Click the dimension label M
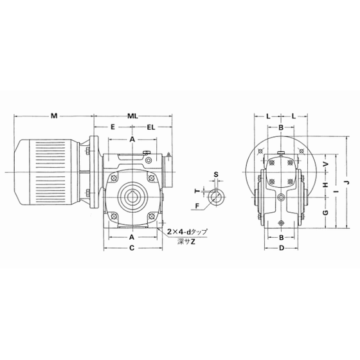tap(54, 116)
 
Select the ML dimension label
tap(132, 116)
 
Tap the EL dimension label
tap(151, 127)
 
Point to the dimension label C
tap(132, 248)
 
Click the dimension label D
tap(282, 248)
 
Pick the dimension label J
tap(347, 183)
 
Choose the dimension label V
tap(326, 164)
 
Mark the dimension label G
tap(325, 213)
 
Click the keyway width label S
tap(216, 174)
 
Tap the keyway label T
tap(197, 191)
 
